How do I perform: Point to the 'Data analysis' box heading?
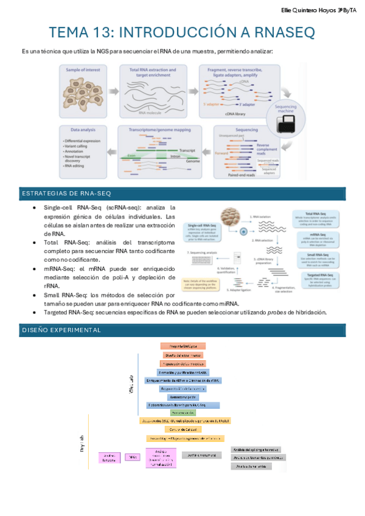(80, 130)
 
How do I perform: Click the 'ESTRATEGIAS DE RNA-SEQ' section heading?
(57, 193)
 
